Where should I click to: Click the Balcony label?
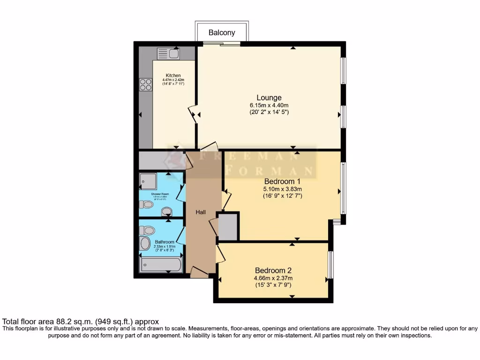click(x=222, y=33)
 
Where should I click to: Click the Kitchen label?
click(x=173, y=75)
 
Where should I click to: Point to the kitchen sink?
click(x=167, y=53)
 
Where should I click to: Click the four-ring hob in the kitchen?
click(x=146, y=84)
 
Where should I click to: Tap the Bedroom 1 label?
click(x=282, y=181)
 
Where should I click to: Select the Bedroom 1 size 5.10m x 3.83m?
click(x=282, y=189)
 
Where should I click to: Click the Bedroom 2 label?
click(x=273, y=270)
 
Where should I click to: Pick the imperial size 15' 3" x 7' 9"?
click(x=273, y=285)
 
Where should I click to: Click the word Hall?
click(x=201, y=212)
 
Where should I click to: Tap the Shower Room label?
click(x=159, y=194)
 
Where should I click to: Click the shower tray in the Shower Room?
click(x=149, y=181)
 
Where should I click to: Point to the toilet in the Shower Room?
click(x=147, y=204)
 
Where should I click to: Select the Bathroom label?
click(x=165, y=242)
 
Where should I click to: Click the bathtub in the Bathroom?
click(x=160, y=265)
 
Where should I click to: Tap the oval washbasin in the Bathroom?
click(x=145, y=243)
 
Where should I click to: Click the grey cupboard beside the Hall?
click(x=228, y=227)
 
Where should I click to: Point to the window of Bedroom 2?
click(x=330, y=265)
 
